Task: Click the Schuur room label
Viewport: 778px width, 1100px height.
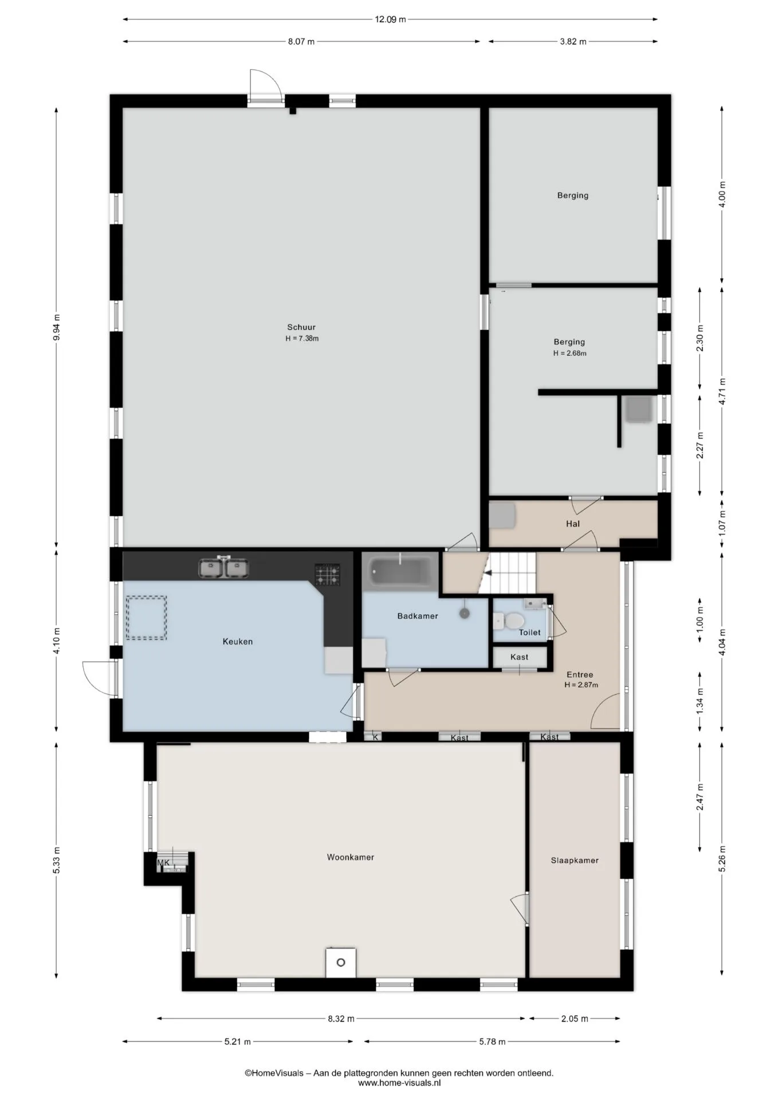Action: (x=301, y=327)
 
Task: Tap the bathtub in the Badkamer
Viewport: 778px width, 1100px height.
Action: (x=401, y=571)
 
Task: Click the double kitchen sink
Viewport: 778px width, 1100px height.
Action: (x=223, y=568)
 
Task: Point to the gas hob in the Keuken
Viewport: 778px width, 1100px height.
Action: (x=327, y=575)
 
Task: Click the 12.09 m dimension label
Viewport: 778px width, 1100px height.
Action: (x=390, y=19)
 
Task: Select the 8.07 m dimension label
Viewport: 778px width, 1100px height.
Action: (x=301, y=41)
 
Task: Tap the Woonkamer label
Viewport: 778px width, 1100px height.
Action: (x=351, y=857)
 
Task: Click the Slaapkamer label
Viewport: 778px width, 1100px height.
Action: (x=575, y=860)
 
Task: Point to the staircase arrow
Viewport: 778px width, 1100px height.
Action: (x=488, y=571)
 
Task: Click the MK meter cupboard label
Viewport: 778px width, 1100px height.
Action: (x=163, y=862)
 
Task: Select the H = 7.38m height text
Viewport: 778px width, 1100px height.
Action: (x=302, y=339)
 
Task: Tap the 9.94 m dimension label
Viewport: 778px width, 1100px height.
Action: (x=56, y=327)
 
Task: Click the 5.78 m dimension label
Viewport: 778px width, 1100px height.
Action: (x=492, y=1042)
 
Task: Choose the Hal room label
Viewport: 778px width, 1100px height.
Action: (x=573, y=524)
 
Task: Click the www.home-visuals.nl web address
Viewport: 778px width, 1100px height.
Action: (x=399, y=1083)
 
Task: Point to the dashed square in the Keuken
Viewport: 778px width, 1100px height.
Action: (x=147, y=618)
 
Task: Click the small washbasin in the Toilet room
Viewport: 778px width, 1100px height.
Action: (x=534, y=603)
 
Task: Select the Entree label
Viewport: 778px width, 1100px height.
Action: (x=580, y=674)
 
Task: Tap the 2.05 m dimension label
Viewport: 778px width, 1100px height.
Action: (x=575, y=1019)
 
